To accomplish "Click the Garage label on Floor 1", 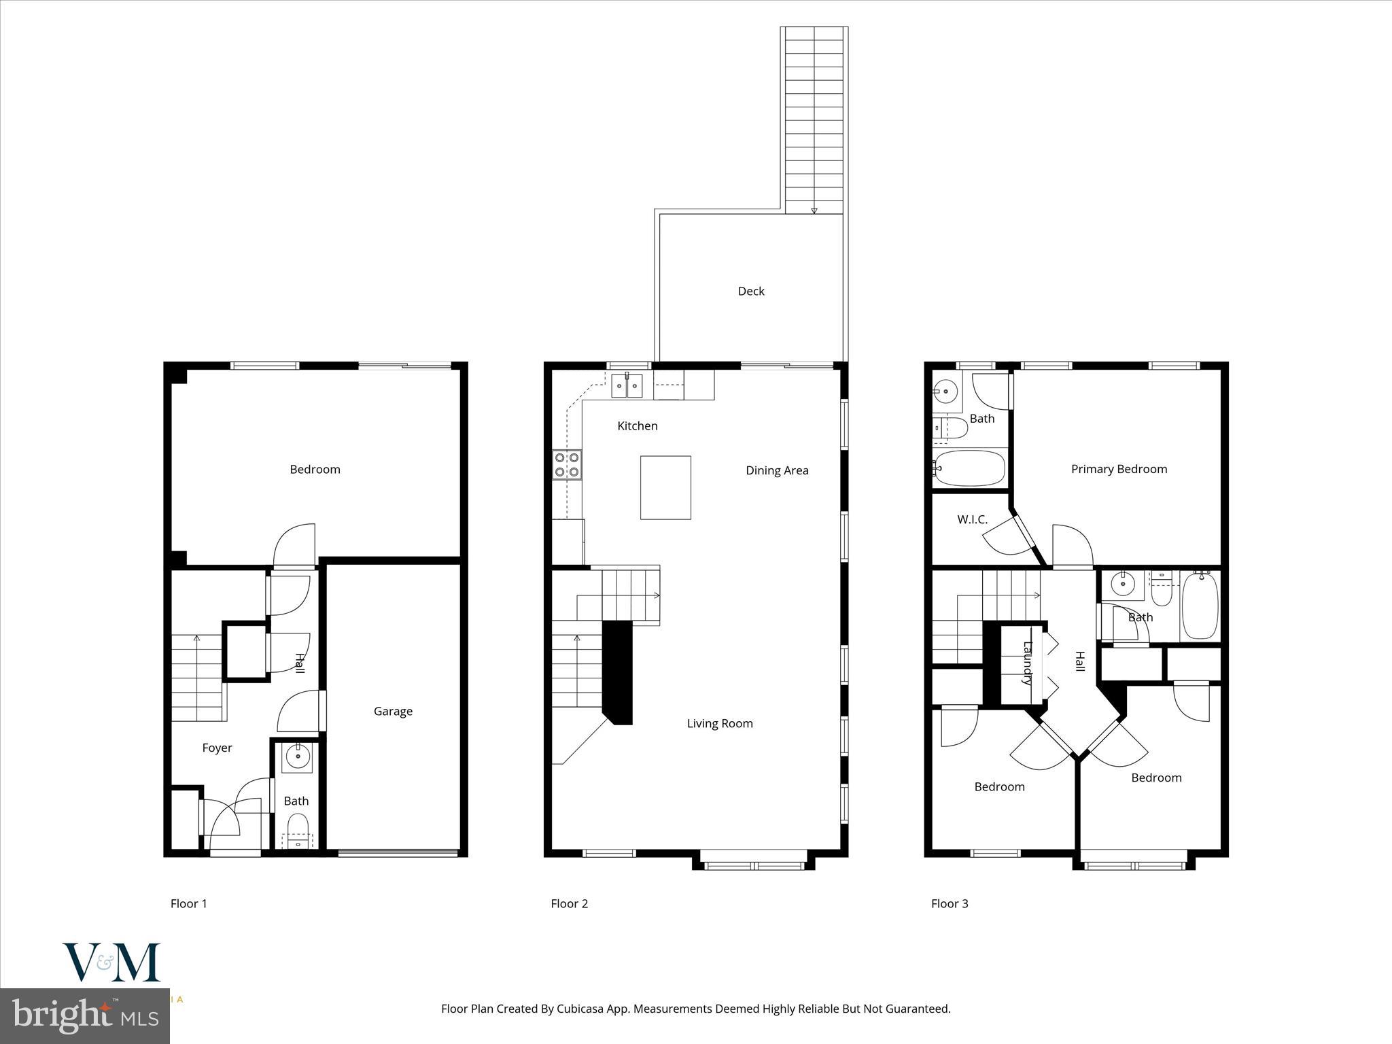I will (x=393, y=711).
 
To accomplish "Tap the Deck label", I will (x=751, y=291).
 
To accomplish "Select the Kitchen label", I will (x=637, y=425).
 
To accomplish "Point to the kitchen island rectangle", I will (x=665, y=487).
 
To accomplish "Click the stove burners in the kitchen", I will (x=567, y=464).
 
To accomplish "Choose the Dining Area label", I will (x=777, y=470).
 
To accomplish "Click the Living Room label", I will (x=719, y=723).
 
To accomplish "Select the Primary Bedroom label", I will (x=1119, y=469).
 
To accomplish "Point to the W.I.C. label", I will (x=972, y=519).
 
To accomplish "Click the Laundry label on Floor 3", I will (x=1028, y=663).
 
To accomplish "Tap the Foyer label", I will (x=217, y=748).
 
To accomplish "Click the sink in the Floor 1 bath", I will (x=297, y=756).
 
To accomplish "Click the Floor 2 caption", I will (x=569, y=903).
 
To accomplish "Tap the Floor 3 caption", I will (x=950, y=903).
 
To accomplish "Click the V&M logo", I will (x=111, y=962).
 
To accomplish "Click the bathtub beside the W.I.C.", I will (x=969, y=468).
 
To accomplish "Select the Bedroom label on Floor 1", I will (x=315, y=469).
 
